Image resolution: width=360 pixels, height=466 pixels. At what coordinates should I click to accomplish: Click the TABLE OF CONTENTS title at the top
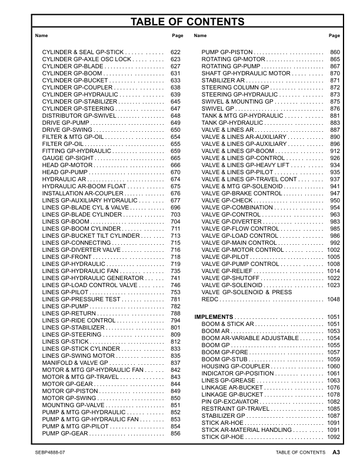tap(179, 22)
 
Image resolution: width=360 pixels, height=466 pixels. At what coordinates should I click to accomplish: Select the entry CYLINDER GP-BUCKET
tap(74, 81)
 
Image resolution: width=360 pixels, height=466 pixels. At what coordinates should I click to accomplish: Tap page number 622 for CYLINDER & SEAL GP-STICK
tap(175, 52)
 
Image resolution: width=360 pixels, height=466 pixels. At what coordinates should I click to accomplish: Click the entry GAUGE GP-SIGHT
tap(67, 158)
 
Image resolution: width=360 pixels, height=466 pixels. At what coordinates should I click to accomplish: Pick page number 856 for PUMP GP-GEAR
tap(175, 433)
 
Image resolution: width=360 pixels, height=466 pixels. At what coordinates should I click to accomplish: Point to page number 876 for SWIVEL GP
tap(335, 109)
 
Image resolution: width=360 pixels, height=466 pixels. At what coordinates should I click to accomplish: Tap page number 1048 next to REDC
tap(334, 299)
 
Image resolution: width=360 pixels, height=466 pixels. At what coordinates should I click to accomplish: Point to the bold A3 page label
tap(336, 452)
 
